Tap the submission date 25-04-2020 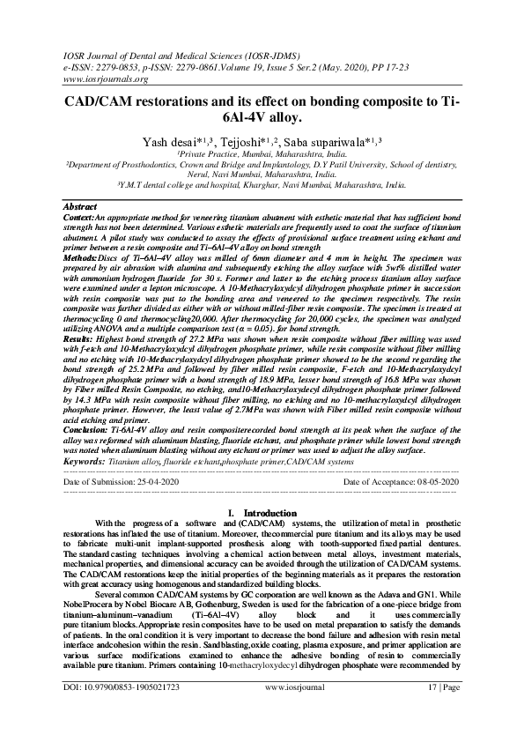(151, 484)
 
